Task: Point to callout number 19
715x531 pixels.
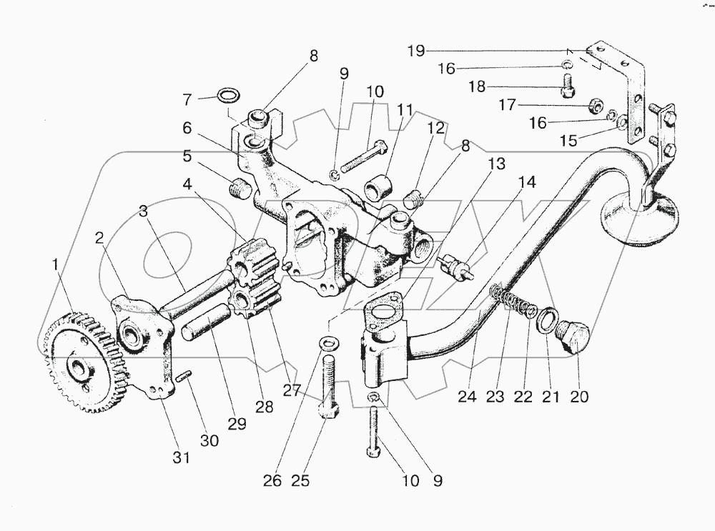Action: [x=417, y=50]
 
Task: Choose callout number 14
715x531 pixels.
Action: [x=527, y=182]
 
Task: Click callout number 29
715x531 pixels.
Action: [x=237, y=423]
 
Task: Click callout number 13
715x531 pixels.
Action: [x=496, y=164]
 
